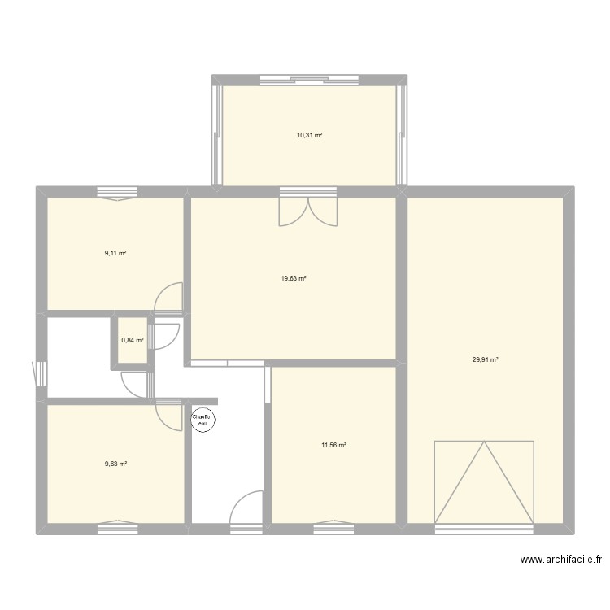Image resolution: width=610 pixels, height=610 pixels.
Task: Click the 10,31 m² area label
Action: [x=310, y=135]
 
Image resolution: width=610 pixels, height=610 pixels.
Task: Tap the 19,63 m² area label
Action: [x=294, y=278]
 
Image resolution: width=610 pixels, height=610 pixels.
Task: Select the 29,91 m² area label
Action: [x=485, y=359]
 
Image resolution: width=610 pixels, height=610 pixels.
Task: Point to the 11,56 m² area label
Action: [x=333, y=445]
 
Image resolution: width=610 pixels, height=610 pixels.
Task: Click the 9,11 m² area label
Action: [x=115, y=253]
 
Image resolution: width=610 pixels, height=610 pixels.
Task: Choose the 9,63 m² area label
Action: [x=116, y=464]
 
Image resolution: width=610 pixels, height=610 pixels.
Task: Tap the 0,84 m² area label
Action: [x=133, y=340]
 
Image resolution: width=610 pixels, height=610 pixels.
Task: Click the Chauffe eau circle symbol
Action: [x=203, y=420]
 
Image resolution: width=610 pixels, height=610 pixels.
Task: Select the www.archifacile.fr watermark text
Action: [x=561, y=560]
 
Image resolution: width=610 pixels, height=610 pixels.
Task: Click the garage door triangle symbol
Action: [x=484, y=481]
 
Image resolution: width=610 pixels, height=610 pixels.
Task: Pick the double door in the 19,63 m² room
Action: [x=308, y=212]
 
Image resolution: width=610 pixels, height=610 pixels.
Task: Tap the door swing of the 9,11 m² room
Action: [x=168, y=297]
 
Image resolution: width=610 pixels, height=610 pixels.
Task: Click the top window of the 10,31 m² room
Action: [x=309, y=81]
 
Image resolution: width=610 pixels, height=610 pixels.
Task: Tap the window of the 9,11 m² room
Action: [x=117, y=194]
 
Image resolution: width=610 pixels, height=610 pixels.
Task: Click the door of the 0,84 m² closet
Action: [x=163, y=337]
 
